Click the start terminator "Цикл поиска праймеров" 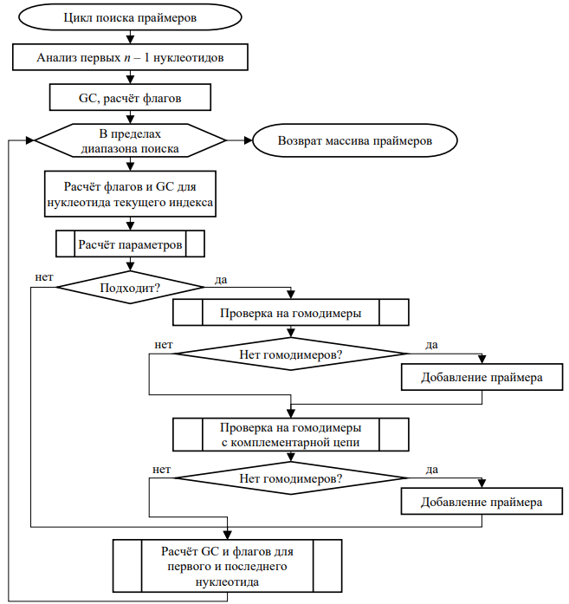point(130,17)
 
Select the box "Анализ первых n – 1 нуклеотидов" point(130,57)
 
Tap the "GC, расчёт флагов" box point(130,97)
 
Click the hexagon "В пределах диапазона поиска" point(130,140)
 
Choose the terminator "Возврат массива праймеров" point(354,140)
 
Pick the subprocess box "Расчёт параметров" point(130,244)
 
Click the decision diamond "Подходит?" point(130,288)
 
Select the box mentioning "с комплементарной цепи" point(291,435)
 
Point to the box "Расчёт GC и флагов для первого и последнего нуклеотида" point(227,566)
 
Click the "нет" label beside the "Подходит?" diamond point(44,277)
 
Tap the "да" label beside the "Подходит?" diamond point(221,280)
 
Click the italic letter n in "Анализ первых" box point(127,58)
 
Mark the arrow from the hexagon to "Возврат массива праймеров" point(239,140)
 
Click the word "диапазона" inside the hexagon point(107,149)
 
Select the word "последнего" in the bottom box point(256,567)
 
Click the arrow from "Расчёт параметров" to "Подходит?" point(130,264)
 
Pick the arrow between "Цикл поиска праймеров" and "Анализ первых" point(130,37)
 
